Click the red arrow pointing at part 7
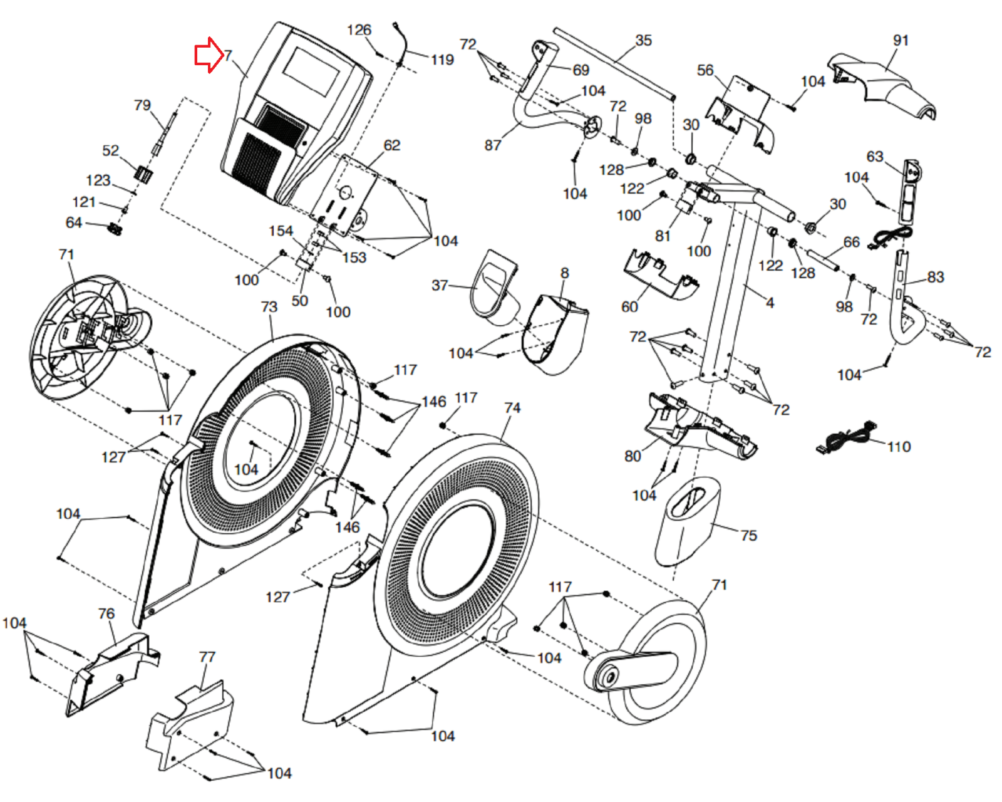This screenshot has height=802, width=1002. tap(209, 55)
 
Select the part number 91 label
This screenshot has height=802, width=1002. tap(901, 41)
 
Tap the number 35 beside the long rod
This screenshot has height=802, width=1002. tap(643, 41)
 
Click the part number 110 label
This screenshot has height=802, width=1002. tap(899, 447)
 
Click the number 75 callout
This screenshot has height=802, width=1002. tap(748, 536)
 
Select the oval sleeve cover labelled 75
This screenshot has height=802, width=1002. tap(688, 521)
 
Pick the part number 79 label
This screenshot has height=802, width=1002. tap(142, 105)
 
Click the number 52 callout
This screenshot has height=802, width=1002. tap(110, 150)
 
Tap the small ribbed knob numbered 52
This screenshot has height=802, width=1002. tap(143, 174)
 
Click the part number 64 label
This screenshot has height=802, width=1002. tap(73, 223)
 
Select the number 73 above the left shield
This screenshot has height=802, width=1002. tap(269, 306)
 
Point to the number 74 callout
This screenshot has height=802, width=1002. tap(512, 409)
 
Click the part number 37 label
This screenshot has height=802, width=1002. tap(439, 285)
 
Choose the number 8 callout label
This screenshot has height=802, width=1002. tap(564, 273)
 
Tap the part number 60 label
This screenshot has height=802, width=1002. tap(629, 307)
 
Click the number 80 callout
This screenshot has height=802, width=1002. tap(633, 456)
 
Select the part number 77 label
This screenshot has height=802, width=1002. tap(207, 657)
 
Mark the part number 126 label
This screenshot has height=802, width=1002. tap(359, 30)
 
